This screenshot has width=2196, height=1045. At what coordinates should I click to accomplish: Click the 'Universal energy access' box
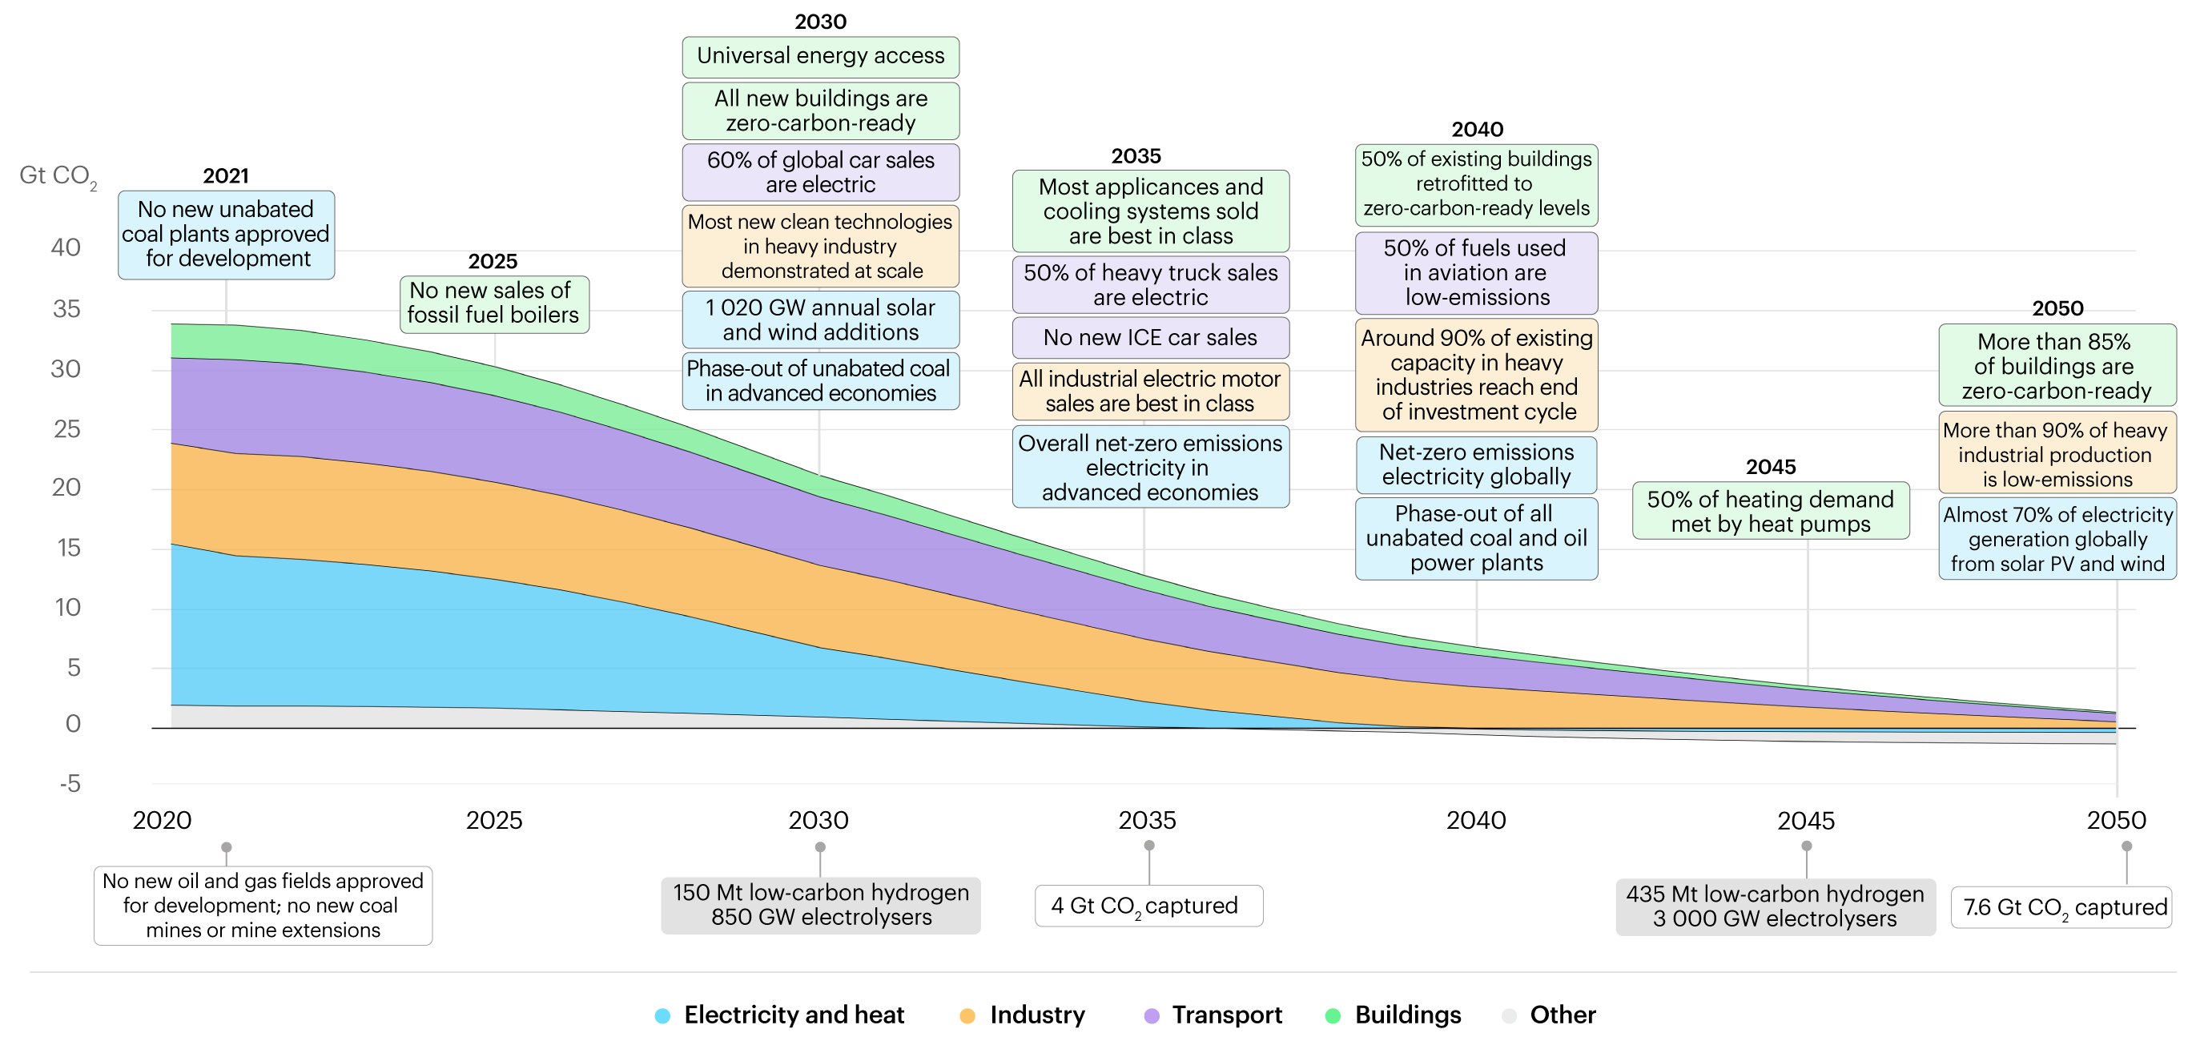click(x=820, y=56)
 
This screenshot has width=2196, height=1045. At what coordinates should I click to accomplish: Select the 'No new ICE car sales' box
click(x=1150, y=338)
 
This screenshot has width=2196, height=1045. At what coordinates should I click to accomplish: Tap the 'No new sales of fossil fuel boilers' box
click(x=493, y=303)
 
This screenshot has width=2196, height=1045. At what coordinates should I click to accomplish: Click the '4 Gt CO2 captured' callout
click(x=1148, y=905)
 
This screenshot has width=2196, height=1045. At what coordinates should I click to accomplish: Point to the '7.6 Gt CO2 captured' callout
click(x=2061, y=907)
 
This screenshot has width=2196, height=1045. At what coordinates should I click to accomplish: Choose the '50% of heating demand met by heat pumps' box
click(x=1770, y=512)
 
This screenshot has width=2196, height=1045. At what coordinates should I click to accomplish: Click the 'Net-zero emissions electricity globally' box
click(x=1476, y=464)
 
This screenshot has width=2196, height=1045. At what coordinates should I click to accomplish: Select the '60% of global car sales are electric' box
click(x=820, y=172)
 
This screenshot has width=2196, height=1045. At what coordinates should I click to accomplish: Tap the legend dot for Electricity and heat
click(x=662, y=1015)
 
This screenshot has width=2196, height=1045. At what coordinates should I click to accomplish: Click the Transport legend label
click(x=1226, y=1015)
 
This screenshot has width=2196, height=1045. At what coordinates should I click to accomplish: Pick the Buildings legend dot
click(x=1333, y=1015)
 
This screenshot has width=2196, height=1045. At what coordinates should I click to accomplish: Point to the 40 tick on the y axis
click(x=66, y=247)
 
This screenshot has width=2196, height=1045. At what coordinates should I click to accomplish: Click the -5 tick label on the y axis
click(x=70, y=783)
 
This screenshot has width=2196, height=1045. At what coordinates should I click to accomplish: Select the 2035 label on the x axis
click(x=1147, y=820)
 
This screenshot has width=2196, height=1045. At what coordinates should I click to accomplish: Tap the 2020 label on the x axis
click(x=162, y=820)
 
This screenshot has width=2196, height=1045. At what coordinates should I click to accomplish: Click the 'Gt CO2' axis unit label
click(x=57, y=175)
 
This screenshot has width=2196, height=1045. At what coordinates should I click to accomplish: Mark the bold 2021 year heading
click(x=226, y=175)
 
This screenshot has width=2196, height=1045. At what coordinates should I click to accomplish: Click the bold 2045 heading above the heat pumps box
click(x=1770, y=467)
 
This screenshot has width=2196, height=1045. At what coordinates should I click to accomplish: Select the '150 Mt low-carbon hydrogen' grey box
click(x=820, y=905)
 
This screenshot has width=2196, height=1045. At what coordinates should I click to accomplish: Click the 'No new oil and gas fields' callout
click(x=263, y=905)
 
